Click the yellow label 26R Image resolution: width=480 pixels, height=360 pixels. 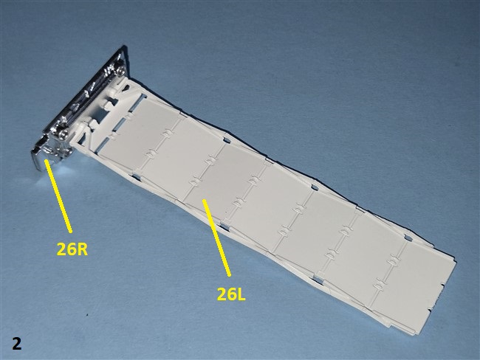(72, 249)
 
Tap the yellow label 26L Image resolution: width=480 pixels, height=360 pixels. (231, 294)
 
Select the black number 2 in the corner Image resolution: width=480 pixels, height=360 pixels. (17, 343)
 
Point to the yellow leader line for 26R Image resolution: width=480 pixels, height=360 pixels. (58, 195)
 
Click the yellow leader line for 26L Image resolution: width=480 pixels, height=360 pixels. (216, 238)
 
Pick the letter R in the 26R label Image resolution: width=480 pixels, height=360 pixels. (82, 249)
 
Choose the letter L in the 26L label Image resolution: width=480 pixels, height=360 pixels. (241, 294)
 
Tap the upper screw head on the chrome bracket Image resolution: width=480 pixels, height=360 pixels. (120, 70)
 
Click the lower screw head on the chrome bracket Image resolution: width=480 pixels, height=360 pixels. (64, 134)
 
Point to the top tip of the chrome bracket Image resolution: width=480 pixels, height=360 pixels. (124, 46)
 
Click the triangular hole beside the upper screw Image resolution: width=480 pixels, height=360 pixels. (126, 88)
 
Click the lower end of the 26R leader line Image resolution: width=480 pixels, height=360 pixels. (71, 232)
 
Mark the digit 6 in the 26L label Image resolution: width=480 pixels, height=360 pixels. (230, 294)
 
